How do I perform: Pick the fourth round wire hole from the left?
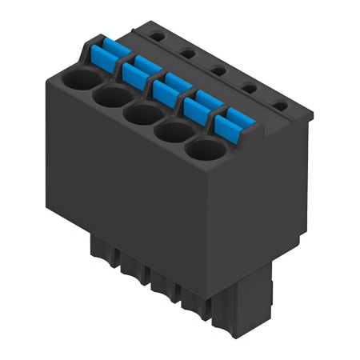click(172, 130)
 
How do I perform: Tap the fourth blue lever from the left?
click(200, 107)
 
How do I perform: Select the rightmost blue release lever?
click(233, 125)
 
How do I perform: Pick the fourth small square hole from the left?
click(249, 87)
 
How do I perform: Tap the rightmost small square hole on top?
click(278, 105)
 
